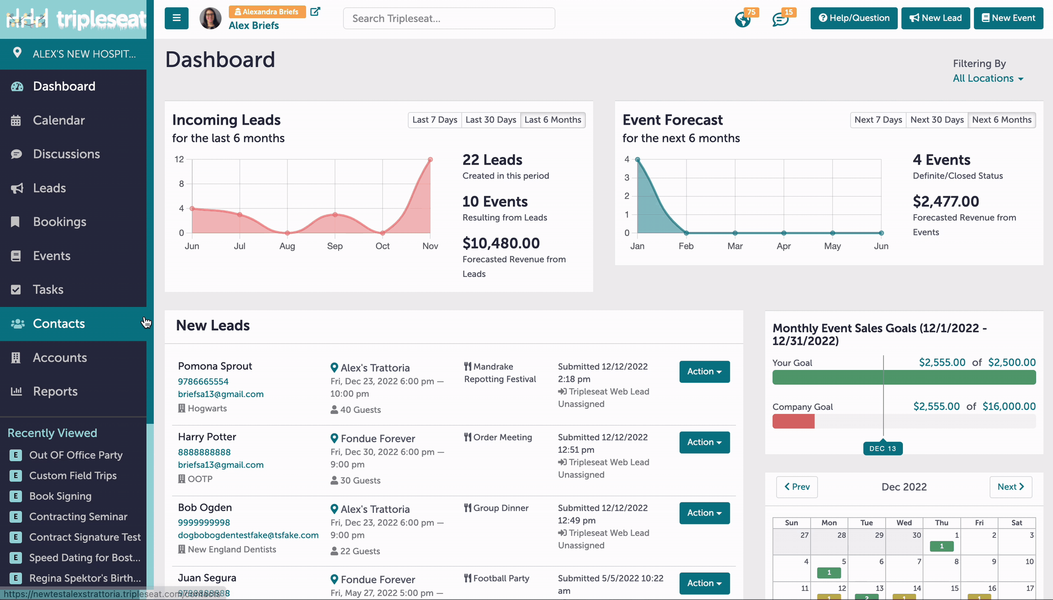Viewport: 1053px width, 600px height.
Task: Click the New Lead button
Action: (x=935, y=18)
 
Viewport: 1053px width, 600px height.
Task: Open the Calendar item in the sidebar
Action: (x=58, y=120)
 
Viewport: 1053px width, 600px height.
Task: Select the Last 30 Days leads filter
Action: (x=491, y=120)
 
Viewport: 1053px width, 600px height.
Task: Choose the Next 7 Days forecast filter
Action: (x=878, y=120)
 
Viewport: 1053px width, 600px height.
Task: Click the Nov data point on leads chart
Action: (x=430, y=160)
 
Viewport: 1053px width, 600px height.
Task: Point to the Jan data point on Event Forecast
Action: (x=638, y=160)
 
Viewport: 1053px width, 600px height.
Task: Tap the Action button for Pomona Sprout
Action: (x=705, y=372)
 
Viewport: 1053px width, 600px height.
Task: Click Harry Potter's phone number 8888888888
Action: (x=204, y=452)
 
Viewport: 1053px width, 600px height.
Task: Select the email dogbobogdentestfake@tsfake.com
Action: (x=248, y=535)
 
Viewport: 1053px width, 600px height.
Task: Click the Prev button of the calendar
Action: (x=797, y=487)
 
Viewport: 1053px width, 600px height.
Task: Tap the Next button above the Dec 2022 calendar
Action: (x=1011, y=487)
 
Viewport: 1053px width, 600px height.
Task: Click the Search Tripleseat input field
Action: (x=449, y=19)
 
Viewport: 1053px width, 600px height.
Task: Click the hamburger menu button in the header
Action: (x=177, y=18)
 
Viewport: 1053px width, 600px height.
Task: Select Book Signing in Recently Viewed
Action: (x=60, y=496)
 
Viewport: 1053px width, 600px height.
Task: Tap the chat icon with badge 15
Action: (x=780, y=19)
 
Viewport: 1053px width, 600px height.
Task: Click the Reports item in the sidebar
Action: (x=55, y=391)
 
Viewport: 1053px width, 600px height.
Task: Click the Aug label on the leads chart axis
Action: (x=287, y=246)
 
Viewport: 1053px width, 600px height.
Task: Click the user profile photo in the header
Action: (x=211, y=19)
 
